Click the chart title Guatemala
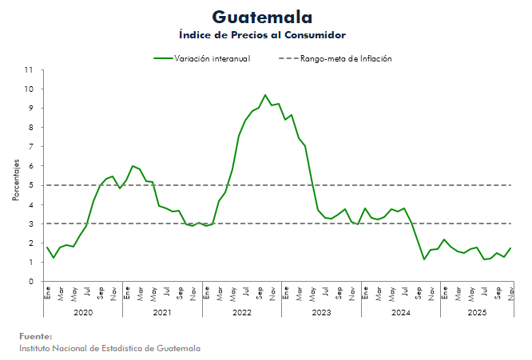click(x=263, y=17)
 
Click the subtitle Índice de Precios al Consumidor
click(x=262, y=35)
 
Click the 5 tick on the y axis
click(x=30, y=185)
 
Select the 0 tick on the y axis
click(x=30, y=282)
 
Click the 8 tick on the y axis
click(x=30, y=128)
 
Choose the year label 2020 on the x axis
click(x=83, y=312)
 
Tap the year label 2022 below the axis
click(x=242, y=312)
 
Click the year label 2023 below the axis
click(x=321, y=312)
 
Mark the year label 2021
click(x=162, y=312)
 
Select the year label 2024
click(x=401, y=312)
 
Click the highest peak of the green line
click(x=265, y=95)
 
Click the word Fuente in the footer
click(x=36, y=336)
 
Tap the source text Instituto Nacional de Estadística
click(x=109, y=348)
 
